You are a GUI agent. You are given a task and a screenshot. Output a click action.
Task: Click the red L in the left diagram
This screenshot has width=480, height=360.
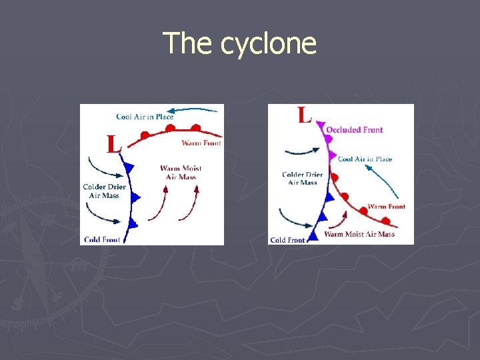(x=114, y=143)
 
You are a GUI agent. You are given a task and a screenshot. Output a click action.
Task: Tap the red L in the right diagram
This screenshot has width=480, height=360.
(x=305, y=115)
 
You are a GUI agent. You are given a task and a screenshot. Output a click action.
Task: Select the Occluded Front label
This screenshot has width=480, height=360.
(x=354, y=130)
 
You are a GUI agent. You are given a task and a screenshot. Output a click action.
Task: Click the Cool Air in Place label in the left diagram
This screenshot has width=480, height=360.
(x=145, y=117)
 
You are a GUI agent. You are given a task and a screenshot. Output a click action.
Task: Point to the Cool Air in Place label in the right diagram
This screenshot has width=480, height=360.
(x=365, y=159)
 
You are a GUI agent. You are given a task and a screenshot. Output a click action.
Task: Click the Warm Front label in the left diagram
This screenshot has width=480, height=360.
(x=201, y=143)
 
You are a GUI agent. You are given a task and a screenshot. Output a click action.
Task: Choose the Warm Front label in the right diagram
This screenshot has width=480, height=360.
(x=386, y=207)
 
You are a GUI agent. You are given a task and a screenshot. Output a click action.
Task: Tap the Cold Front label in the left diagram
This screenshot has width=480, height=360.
(x=101, y=239)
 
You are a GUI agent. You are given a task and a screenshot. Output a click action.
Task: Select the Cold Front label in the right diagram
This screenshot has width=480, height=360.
(x=287, y=240)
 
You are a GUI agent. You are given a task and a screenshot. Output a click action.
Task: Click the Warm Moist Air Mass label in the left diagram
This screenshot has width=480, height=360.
(x=181, y=172)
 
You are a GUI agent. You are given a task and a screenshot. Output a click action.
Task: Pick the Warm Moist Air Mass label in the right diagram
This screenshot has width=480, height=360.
(x=359, y=234)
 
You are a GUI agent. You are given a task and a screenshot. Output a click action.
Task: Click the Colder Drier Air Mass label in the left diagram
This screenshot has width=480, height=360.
(x=104, y=191)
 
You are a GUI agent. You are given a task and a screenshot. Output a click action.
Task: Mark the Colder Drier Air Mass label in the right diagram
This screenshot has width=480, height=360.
(x=303, y=179)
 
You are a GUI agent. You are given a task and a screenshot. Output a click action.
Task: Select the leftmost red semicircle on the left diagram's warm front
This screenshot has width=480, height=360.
(x=144, y=135)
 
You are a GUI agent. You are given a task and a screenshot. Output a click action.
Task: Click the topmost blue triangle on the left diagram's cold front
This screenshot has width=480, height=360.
(x=129, y=167)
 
